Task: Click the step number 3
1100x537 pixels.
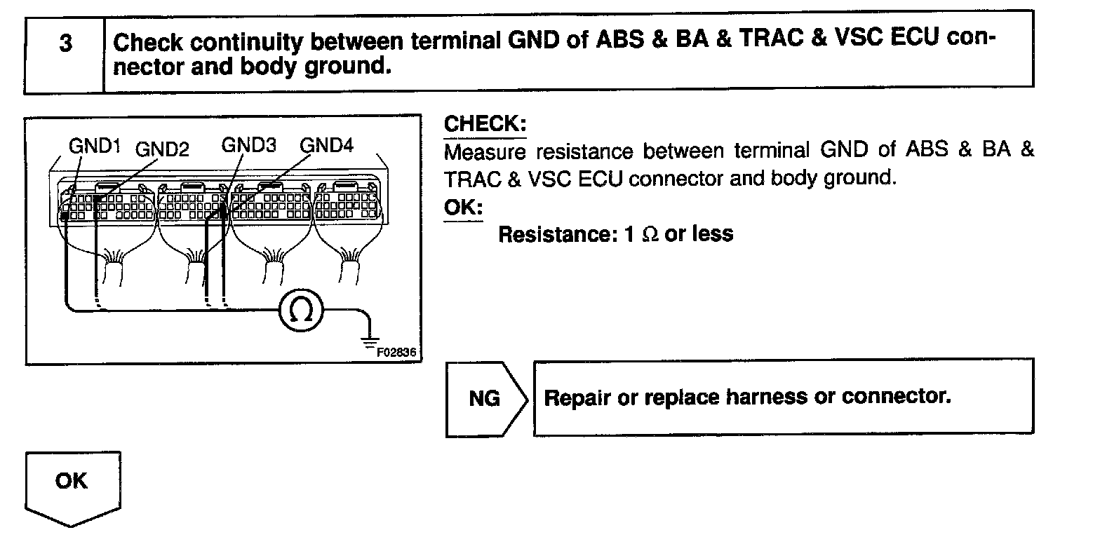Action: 65,43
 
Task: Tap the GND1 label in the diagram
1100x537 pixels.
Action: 95,146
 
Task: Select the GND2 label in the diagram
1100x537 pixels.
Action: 162,149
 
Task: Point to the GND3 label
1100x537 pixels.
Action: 248,145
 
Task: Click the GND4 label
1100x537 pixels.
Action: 327,146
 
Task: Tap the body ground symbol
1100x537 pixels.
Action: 368,341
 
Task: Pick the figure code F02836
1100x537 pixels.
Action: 396,353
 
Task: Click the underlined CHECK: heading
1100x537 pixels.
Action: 485,125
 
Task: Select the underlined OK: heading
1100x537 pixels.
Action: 463,209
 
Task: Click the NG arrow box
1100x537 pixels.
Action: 484,398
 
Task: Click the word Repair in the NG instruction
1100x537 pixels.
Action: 577,397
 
